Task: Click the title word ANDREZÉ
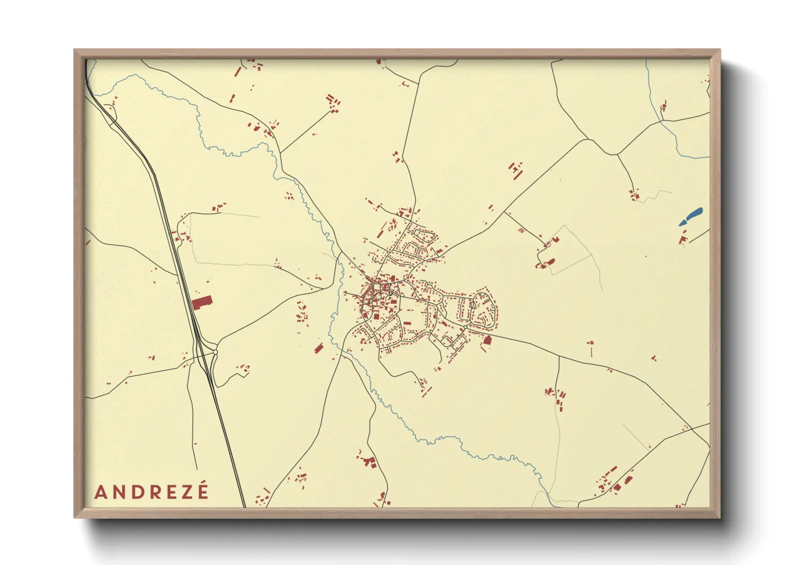point(152,492)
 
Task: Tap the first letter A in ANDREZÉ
point(100,492)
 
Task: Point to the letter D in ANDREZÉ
point(135,492)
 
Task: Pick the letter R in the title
point(152,492)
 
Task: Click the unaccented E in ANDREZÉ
point(169,492)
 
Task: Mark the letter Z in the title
point(185,492)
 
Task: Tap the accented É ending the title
point(202,491)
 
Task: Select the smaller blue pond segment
point(683,223)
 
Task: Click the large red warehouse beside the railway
point(202,303)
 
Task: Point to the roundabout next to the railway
point(215,352)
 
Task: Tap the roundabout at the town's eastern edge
point(465,326)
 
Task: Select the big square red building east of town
point(487,340)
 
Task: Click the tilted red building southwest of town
point(319,349)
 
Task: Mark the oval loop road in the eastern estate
point(484,310)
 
